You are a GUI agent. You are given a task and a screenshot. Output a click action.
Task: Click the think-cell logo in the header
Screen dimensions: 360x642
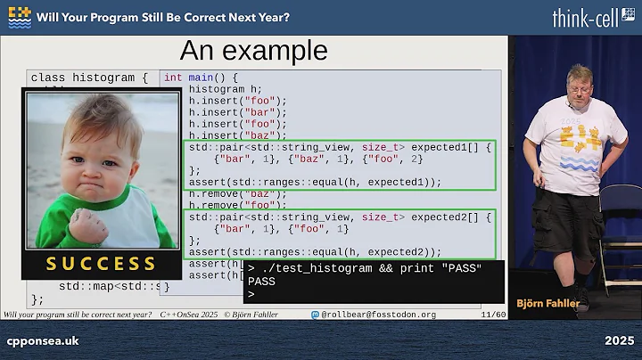[x=593, y=18]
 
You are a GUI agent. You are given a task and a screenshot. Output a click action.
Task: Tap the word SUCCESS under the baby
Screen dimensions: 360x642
[x=100, y=264]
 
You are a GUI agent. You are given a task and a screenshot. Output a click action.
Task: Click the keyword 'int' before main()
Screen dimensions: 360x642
[x=173, y=78]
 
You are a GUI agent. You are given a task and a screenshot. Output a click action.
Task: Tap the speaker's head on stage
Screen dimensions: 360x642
[x=578, y=78]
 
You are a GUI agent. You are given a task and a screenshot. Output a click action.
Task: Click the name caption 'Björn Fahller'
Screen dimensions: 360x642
[x=547, y=304]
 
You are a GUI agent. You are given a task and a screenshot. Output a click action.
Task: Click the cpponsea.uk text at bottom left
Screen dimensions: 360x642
[x=43, y=341]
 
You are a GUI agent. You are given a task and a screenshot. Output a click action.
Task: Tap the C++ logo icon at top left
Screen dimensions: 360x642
[x=20, y=17]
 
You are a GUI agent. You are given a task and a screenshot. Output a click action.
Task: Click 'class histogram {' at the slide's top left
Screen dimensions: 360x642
[x=89, y=78]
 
